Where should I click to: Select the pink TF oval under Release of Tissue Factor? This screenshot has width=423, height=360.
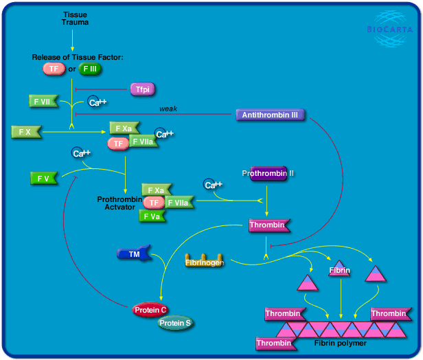click(x=54, y=69)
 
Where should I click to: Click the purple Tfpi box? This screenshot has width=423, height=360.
click(x=143, y=89)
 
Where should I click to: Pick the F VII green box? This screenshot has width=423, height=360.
click(x=43, y=102)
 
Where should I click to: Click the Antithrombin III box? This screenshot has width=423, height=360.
click(x=270, y=115)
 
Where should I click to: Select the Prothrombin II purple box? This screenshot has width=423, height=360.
click(x=268, y=173)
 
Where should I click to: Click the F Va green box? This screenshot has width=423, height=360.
click(x=153, y=216)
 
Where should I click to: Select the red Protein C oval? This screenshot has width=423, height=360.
click(x=151, y=310)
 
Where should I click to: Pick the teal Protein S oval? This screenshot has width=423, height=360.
click(x=176, y=323)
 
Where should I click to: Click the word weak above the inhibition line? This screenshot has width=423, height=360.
click(x=168, y=109)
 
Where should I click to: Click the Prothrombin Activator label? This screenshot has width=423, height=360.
click(x=119, y=203)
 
